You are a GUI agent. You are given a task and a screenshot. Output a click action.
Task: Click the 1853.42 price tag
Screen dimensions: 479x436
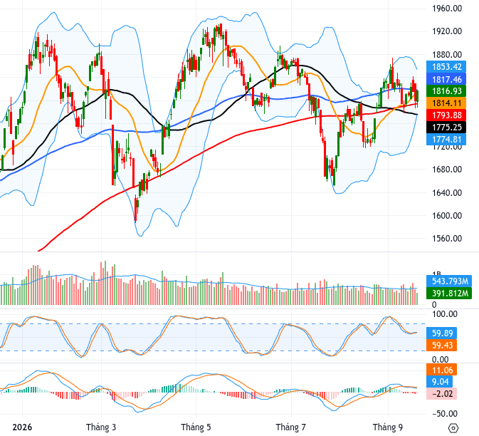(446, 67)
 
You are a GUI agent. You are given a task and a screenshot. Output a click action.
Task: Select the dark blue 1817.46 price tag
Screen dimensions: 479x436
(446, 79)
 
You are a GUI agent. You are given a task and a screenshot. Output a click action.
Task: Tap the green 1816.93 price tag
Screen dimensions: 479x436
(446, 90)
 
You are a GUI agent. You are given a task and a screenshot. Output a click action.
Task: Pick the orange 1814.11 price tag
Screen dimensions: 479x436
(446, 103)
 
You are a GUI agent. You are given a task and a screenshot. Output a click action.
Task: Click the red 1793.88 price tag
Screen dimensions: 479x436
(446, 115)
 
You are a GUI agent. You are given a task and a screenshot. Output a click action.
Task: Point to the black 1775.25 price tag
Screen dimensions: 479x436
(446, 128)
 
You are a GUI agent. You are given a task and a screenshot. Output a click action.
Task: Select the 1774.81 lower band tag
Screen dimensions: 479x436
(446, 139)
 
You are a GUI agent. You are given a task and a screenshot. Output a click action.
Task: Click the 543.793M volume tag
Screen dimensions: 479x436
(449, 281)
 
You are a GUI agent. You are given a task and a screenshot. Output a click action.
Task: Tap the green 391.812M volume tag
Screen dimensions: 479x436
(449, 294)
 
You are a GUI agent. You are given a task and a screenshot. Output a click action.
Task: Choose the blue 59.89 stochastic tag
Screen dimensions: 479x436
(441, 333)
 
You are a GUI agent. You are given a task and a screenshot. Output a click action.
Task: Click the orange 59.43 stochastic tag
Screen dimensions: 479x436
(441, 346)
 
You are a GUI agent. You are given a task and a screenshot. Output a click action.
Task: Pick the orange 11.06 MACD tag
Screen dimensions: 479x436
(441, 370)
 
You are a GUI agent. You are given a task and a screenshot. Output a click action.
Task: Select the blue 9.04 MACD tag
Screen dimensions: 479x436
(440, 382)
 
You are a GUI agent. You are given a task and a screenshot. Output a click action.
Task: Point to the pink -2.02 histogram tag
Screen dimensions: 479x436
(441, 393)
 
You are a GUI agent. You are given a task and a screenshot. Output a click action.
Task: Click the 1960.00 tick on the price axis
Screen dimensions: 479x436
(447, 9)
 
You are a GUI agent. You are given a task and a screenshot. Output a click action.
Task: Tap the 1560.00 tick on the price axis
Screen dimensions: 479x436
(447, 238)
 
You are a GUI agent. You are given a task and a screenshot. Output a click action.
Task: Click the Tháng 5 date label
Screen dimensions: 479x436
(196, 427)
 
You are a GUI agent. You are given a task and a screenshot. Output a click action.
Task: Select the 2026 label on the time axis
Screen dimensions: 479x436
(22, 427)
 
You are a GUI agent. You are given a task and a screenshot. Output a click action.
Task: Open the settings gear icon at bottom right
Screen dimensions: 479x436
(453, 427)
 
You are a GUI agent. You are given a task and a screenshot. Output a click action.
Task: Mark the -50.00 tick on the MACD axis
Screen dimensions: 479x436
(445, 414)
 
